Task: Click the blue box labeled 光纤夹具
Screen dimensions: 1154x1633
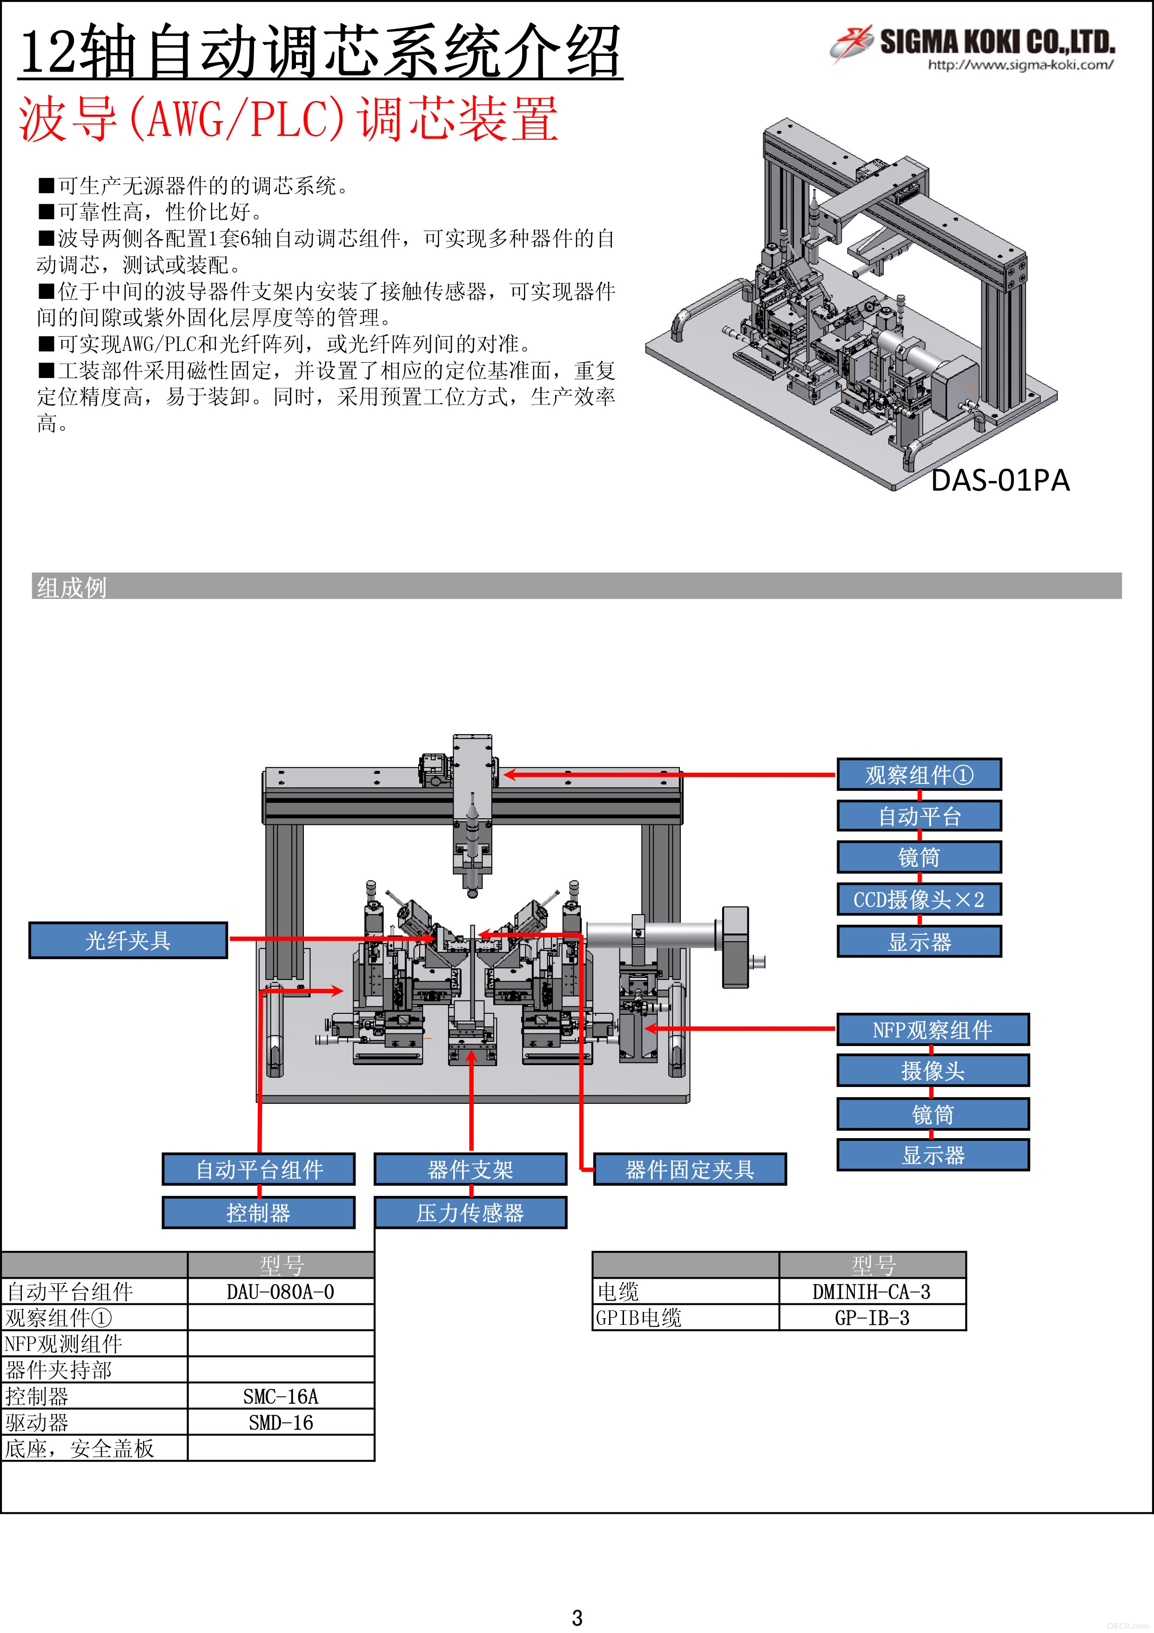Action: click(128, 940)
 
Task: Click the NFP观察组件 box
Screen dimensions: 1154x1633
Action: click(933, 1030)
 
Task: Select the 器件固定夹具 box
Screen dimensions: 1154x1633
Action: click(690, 1169)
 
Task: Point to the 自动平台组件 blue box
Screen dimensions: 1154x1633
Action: click(259, 1169)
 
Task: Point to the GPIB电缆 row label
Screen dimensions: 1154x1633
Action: click(638, 1318)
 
